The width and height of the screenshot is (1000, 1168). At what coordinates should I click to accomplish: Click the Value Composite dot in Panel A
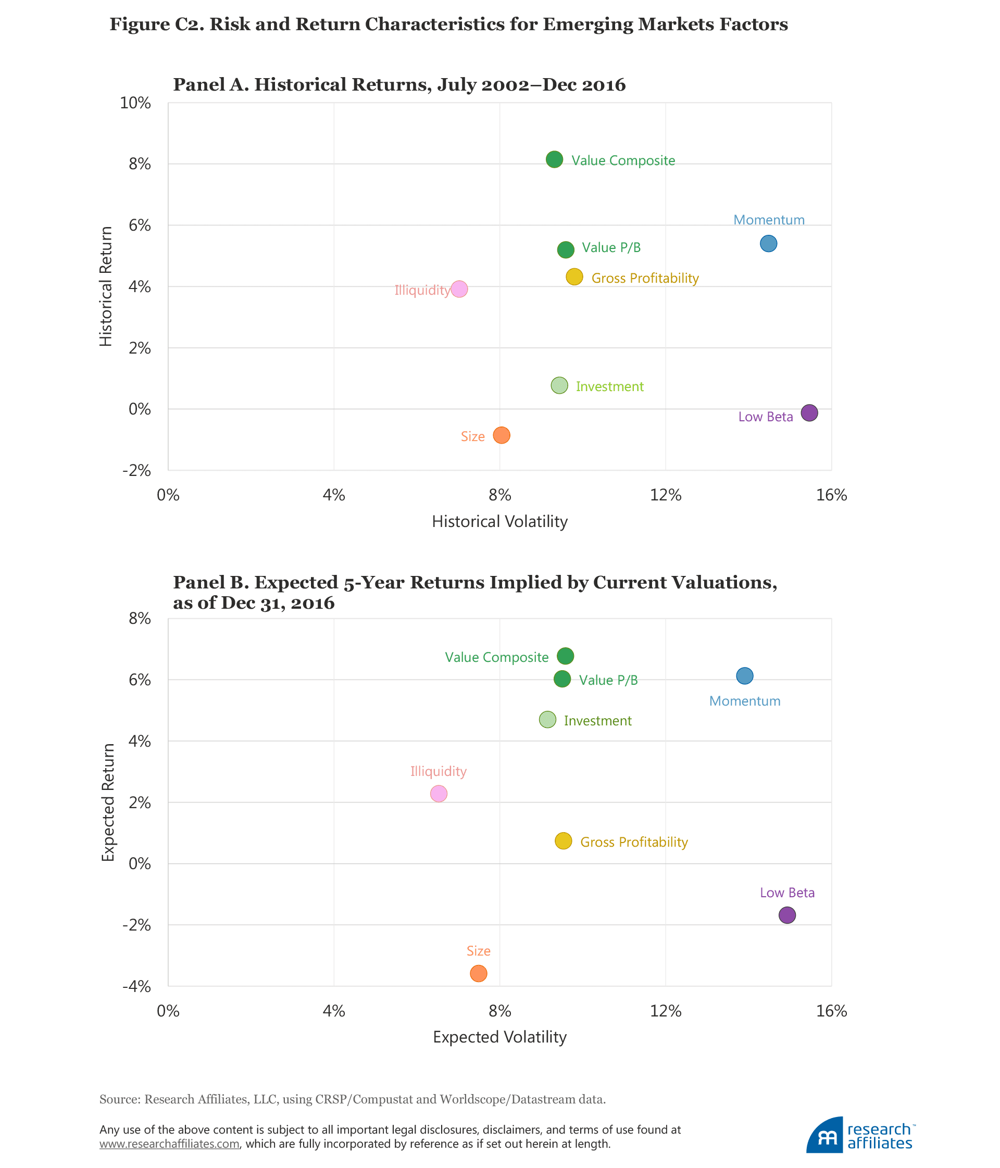coord(554,159)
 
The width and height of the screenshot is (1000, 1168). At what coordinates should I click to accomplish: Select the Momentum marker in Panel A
coord(768,244)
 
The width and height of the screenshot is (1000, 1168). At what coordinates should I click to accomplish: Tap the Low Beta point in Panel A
coord(809,412)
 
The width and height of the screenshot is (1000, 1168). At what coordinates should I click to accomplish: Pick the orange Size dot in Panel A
coord(501,435)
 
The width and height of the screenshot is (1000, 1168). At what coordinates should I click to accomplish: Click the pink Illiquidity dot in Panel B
coord(439,794)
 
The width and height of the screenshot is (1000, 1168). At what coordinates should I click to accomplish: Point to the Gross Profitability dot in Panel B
coord(563,841)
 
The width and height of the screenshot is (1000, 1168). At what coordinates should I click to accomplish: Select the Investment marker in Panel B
coord(547,720)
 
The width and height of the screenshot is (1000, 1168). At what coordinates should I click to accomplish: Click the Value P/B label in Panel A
coord(611,247)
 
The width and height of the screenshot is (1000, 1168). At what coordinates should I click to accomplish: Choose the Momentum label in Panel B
coord(745,701)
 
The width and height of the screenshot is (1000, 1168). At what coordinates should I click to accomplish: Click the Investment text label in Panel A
coord(609,387)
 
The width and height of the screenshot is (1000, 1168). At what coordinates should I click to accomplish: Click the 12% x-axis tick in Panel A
coord(666,495)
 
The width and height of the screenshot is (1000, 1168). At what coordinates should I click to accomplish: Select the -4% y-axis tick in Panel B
coord(136,986)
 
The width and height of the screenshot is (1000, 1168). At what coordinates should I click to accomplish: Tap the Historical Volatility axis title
coord(499,521)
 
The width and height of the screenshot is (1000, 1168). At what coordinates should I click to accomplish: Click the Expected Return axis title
coord(108,802)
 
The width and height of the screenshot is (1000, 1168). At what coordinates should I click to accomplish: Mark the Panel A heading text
coord(399,84)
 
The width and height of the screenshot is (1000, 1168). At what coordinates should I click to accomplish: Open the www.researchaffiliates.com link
coord(170,1144)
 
